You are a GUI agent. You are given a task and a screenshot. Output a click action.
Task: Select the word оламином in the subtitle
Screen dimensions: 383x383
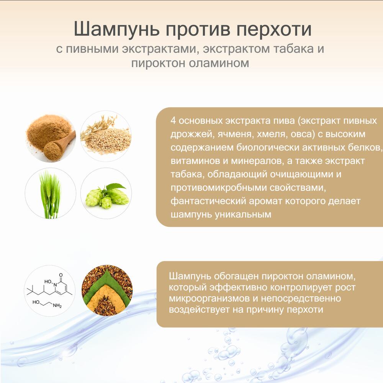219,63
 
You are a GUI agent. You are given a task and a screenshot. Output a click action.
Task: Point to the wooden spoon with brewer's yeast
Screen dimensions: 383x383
60,146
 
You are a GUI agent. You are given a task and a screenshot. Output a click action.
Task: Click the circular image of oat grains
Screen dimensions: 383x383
106,136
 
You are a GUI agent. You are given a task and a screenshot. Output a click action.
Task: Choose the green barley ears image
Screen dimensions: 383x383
50,193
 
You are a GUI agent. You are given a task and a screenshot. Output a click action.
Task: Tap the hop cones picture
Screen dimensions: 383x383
106,193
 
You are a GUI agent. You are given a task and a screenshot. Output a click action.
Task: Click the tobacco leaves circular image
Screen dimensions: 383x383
107,290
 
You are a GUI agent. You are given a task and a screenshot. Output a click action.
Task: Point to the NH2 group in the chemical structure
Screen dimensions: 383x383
57,305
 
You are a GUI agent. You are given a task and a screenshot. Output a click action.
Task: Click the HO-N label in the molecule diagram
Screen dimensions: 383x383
51,283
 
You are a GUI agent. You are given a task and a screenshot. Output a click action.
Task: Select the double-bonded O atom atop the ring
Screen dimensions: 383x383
61,275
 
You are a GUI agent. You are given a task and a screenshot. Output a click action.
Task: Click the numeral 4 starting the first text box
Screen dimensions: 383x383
173,121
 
